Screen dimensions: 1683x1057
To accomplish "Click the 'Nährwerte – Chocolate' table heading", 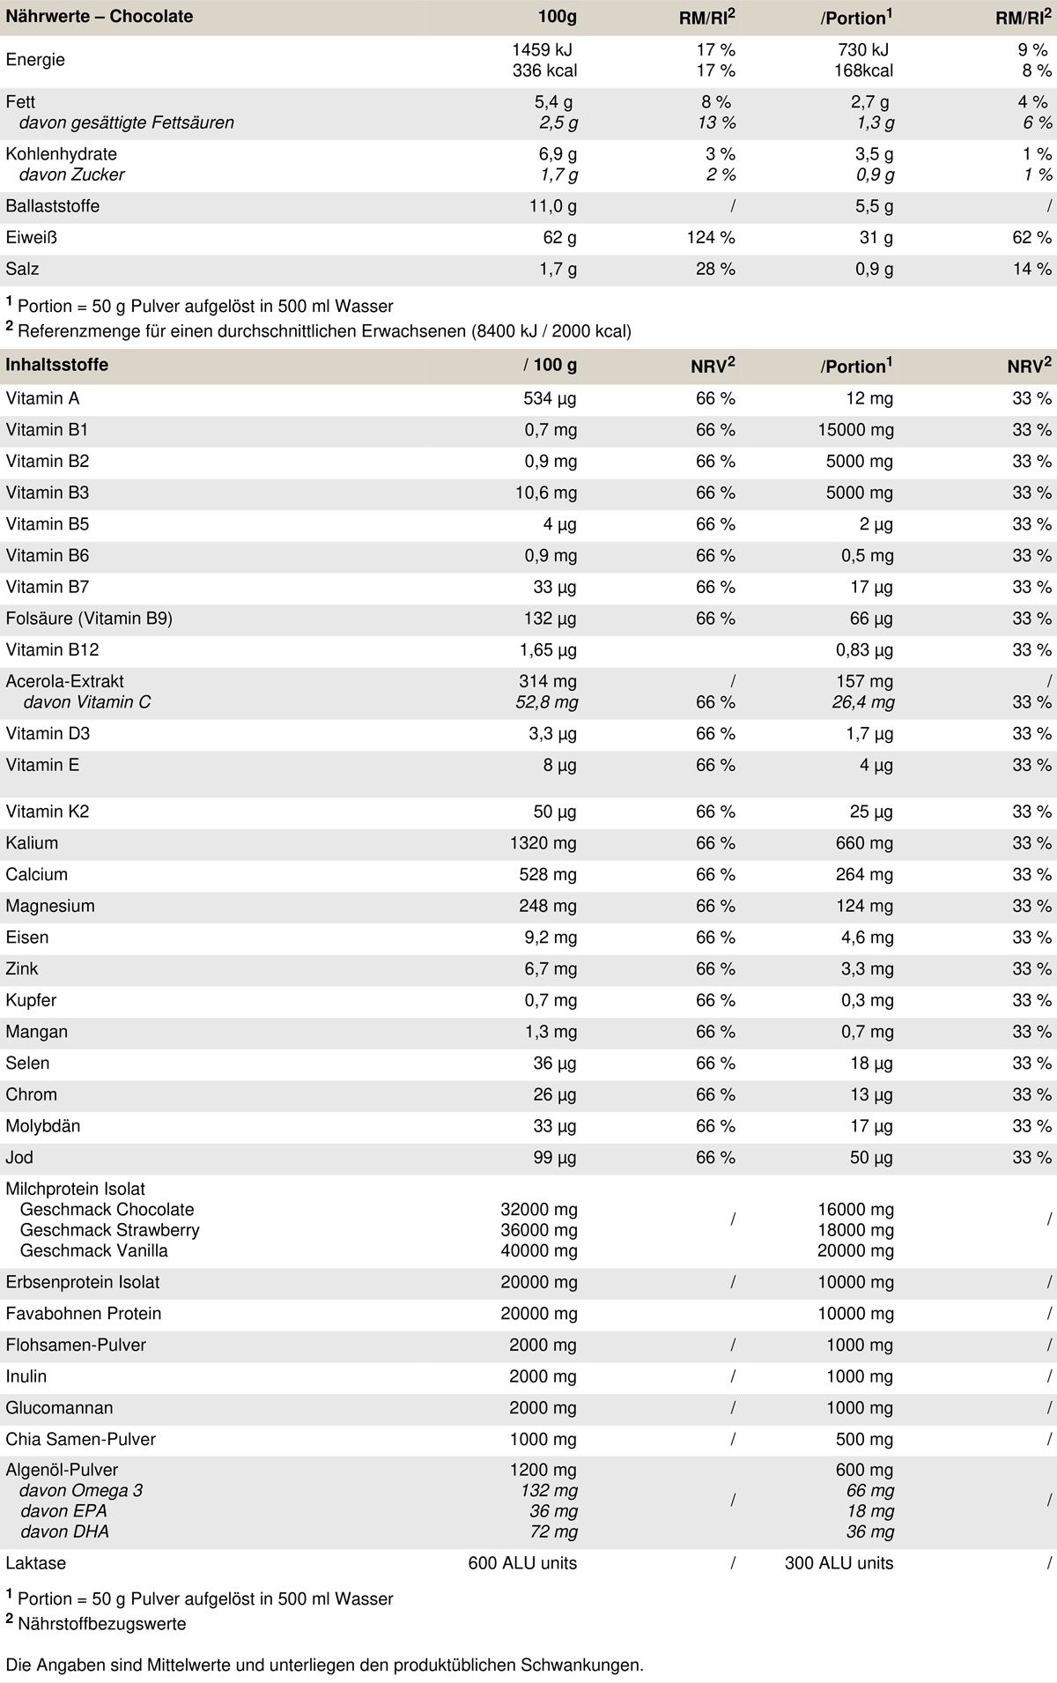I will (100, 17).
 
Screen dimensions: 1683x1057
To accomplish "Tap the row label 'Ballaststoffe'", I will (53, 206).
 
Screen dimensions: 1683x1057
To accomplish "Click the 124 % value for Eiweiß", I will (715, 238).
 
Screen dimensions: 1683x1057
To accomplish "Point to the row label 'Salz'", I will (23, 269).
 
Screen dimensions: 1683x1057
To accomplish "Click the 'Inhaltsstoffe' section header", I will (57, 365).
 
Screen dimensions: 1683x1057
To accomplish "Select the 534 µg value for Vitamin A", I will (550, 399).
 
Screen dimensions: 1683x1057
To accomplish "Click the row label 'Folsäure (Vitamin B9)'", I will (89, 619).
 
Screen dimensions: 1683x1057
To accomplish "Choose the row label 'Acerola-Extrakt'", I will (65, 681).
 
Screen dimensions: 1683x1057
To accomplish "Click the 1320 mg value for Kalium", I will (543, 843).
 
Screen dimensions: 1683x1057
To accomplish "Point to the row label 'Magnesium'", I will (50, 906).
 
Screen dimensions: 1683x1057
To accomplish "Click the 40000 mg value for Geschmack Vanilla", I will (539, 1250).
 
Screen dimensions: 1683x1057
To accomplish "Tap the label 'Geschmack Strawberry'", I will (110, 1230).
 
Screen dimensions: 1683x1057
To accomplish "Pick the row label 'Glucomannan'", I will (59, 1408).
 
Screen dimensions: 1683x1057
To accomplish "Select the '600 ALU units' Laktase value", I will (522, 1563).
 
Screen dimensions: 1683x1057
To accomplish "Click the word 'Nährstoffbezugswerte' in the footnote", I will (102, 1623).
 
